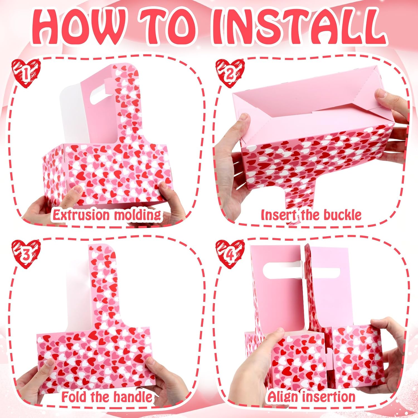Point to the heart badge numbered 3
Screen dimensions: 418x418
pos(26,254)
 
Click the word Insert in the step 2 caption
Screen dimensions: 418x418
pos(274,215)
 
